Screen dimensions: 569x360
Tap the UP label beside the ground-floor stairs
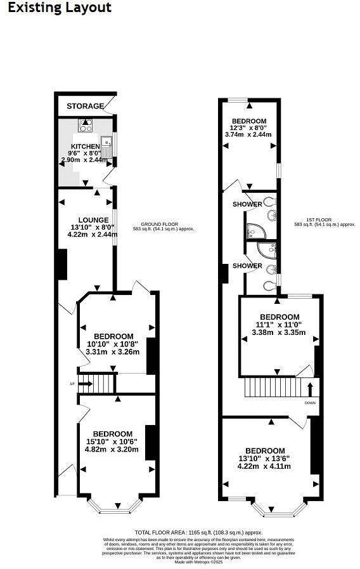73,383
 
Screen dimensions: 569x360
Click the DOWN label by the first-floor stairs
310,403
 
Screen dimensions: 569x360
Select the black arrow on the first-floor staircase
310,387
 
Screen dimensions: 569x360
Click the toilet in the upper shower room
271,202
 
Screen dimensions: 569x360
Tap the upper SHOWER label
247,204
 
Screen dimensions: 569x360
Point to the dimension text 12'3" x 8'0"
249,128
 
